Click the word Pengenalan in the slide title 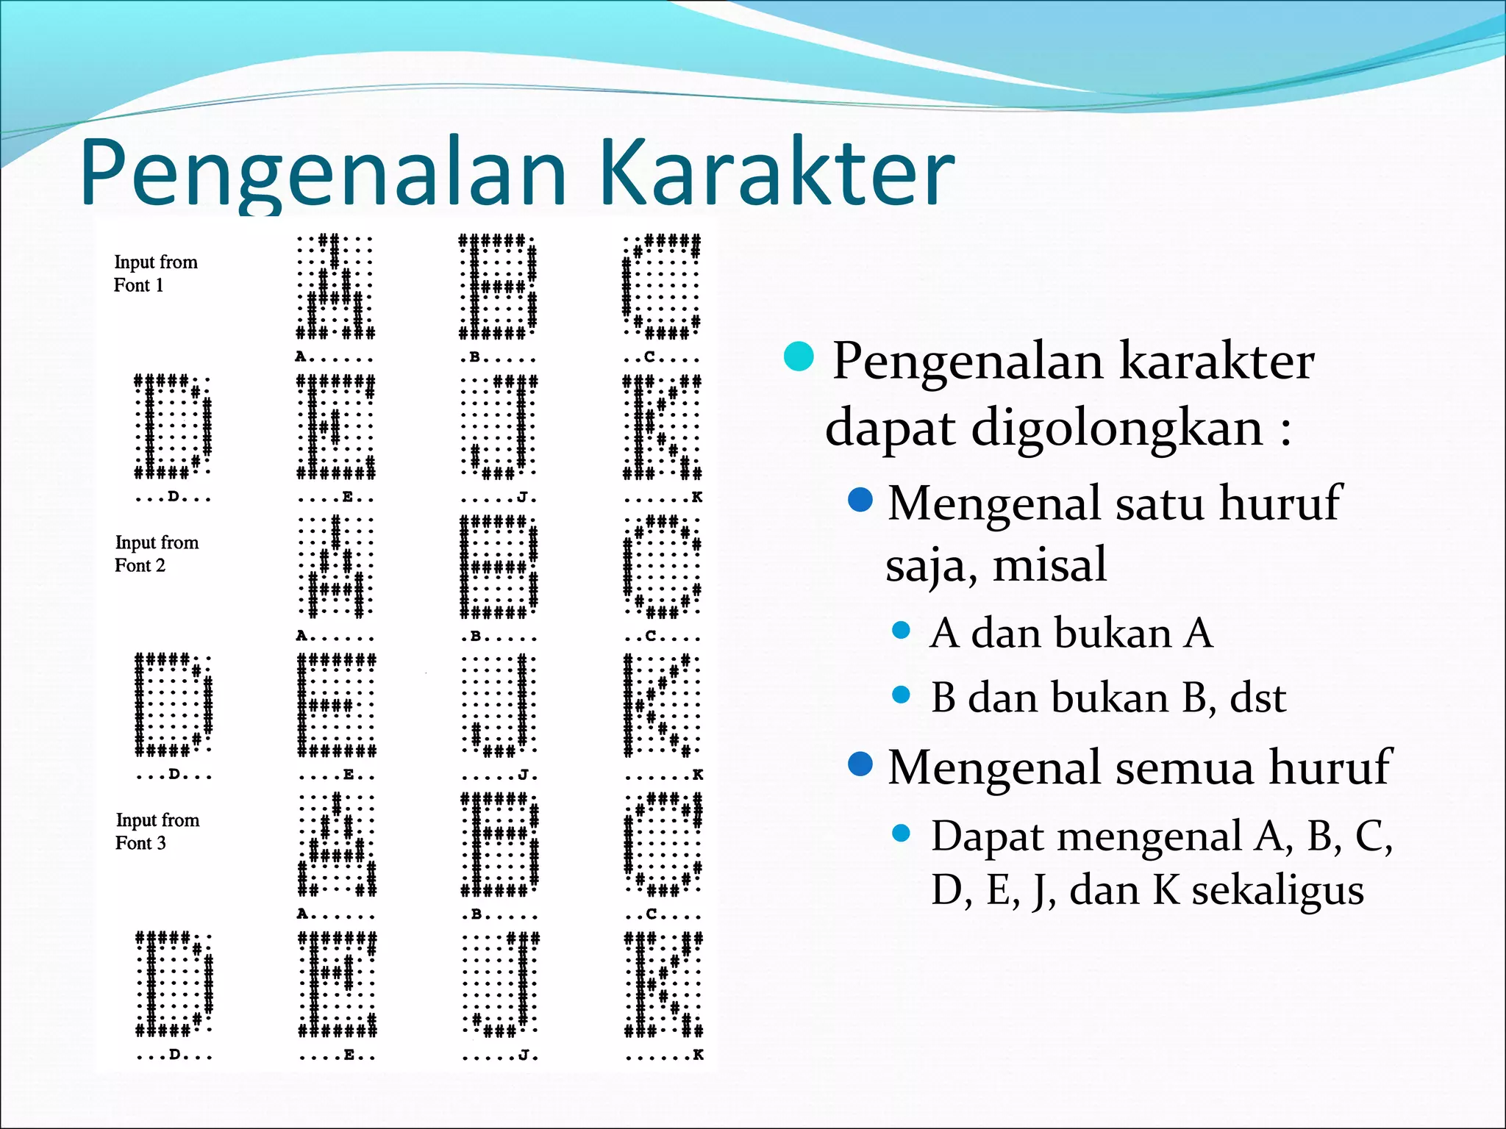pos(324,173)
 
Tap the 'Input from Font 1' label pos(155,273)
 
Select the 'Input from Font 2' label pos(156,553)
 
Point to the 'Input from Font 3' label pos(157,831)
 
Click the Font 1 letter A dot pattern pos(335,287)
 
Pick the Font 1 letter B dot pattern pos(498,287)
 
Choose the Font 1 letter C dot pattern pos(661,287)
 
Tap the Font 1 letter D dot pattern pos(173,426)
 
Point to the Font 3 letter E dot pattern pos(337,984)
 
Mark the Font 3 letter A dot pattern pos(337,845)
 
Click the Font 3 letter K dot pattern pos(663,984)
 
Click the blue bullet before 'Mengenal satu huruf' pos(860,501)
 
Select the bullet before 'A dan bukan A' pos(901,631)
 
